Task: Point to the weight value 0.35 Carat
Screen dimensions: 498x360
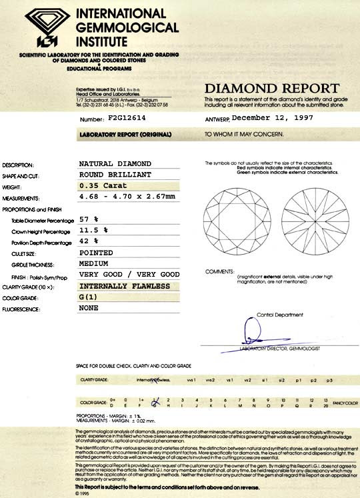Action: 103,186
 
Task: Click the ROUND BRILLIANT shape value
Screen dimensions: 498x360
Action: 115,175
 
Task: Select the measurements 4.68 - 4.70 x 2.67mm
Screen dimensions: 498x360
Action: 127,197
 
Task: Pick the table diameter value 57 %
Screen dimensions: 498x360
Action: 89,218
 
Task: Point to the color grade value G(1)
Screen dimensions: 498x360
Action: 88,297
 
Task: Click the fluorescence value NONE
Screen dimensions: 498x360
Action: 89,309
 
